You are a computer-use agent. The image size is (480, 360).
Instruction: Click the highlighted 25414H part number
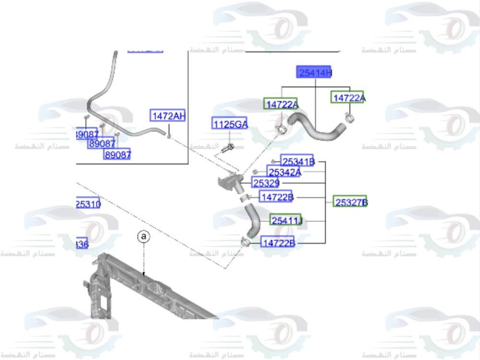pos(314,72)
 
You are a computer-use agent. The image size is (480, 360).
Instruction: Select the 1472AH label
pos(168,116)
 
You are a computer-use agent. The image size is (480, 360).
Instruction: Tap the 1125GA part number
pos(230,124)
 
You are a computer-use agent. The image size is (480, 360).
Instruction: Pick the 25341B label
pos(298,162)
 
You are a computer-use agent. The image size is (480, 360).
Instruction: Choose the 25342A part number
pos(284,172)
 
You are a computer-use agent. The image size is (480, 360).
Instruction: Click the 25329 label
pos(266,183)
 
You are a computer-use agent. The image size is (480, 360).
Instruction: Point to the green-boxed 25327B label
pos(350,202)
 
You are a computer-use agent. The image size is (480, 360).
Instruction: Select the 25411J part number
pos(286,220)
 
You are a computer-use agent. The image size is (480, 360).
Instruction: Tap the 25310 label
pos(88,204)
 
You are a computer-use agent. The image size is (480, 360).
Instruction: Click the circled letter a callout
pos(143,237)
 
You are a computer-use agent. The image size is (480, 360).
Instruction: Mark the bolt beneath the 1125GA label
pos(228,148)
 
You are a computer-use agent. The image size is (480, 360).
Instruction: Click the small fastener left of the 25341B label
pos(273,161)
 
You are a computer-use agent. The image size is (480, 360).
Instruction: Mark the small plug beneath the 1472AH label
pos(169,135)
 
